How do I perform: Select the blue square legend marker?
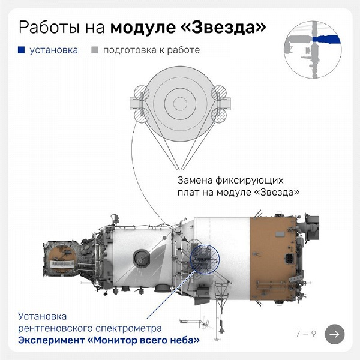tap(22, 50)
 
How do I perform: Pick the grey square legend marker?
tap(95, 50)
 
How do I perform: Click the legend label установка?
tap(54, 50)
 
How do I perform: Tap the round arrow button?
tap(334, 334)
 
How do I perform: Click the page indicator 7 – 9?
tap(305, 334)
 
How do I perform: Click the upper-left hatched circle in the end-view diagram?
tap(140, 92)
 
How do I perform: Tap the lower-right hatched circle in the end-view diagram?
tap(218, 114)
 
